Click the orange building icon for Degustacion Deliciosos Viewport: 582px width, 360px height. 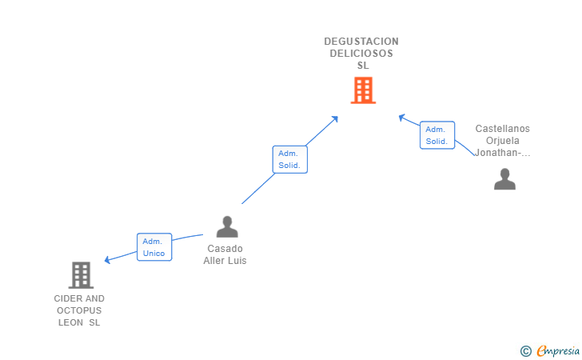pyautogui.click(x=363, y=90)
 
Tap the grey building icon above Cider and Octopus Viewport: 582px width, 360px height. pyautogui.click(x=81, y=275)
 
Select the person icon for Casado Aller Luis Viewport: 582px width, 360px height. pyautogui.click(x=227, y=227)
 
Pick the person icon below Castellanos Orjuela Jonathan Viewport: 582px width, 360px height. pyautogui.click(x=504, y=179)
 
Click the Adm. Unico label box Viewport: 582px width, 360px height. pyautogui.click(x=153, y=247)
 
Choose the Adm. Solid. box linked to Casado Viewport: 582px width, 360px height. pyautogui.click(x=289, y=159)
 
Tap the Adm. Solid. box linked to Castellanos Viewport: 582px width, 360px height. pyautogui.click(x=436, y=135)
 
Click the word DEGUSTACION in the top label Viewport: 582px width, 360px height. pyautogui.click(x=361, y=42)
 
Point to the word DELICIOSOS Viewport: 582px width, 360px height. pyautogui.click(x=361, y=54)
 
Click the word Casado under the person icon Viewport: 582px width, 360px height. pyautogui.click(x=225, y=249)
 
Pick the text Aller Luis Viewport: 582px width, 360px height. pyautogui.click(x=225, y=261)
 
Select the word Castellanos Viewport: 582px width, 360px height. pyautogui.click(x=502, y=129)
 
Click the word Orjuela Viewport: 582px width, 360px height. pyautogui.click(x=502, y=141)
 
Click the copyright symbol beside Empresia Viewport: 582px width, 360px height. pyautogui.click(x=525, y=350)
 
